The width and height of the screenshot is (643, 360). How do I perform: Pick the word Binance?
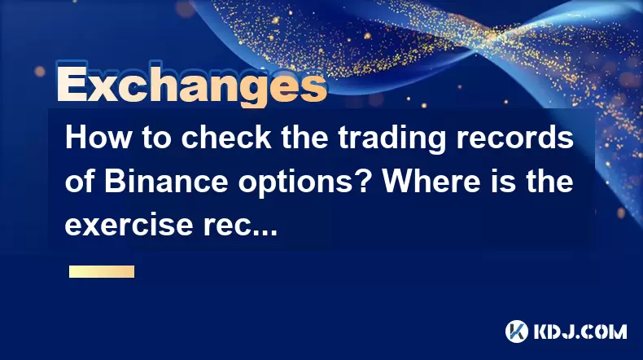point(166,182)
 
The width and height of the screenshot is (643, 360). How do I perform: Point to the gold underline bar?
point(102,272)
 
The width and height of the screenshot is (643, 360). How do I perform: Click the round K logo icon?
point(517,331)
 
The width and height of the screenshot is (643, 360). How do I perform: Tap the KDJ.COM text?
point(580,331)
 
